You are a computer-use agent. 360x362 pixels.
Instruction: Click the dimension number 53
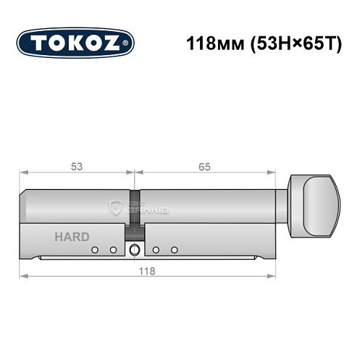point(78,167)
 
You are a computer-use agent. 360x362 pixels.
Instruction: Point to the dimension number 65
point(204,167)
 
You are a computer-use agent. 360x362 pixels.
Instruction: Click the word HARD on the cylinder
point(72,237)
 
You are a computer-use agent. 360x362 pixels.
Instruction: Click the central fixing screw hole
point(134,251)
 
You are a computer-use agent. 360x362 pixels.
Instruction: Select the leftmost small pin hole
point(94,250)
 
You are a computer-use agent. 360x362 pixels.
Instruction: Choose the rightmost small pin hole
point(175,250)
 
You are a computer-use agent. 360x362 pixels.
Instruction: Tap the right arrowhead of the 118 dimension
point(275,277)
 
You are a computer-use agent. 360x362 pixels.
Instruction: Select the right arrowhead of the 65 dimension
point(275,174)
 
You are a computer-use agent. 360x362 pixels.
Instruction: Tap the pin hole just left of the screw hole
point(113,250)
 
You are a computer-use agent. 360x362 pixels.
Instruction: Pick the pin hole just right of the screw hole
point(156,250)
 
